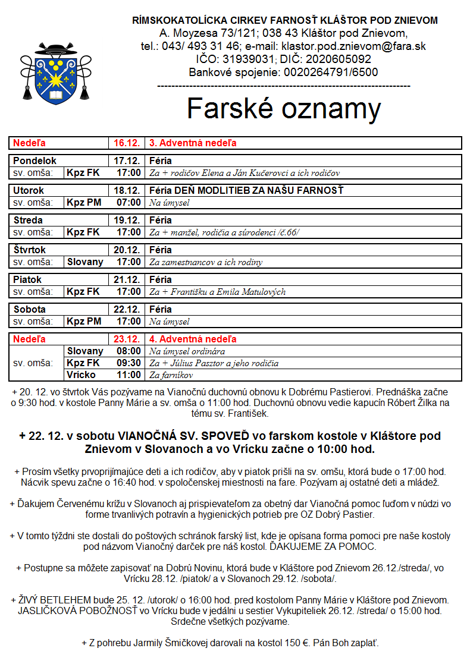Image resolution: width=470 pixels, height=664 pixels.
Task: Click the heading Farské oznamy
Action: (284, 109)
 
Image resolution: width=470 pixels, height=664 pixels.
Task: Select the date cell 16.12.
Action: (127, 143)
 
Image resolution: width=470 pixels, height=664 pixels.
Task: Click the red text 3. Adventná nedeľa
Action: (194, 143)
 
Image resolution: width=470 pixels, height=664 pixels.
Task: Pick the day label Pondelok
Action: (35, 161)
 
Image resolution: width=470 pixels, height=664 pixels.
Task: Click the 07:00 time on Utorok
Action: (129, 202)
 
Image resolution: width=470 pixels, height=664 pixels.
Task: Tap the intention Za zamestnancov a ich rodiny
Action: (206, 262)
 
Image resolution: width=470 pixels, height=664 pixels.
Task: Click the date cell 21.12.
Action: (127, 279)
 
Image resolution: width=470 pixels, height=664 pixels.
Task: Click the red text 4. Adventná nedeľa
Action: (193, 339)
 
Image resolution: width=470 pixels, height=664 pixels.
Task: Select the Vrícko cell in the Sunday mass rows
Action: (82, 375)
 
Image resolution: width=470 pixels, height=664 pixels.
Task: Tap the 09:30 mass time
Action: (129, 363)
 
